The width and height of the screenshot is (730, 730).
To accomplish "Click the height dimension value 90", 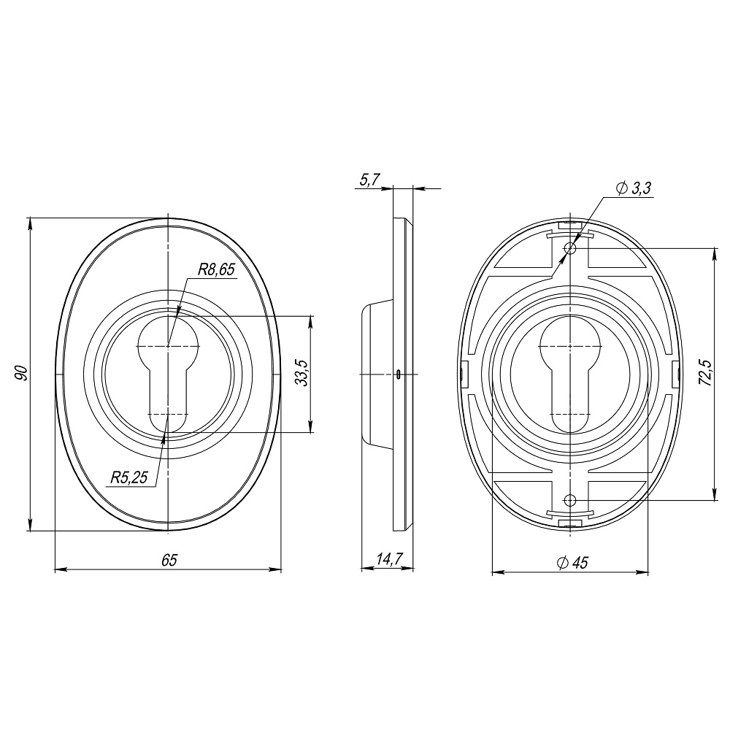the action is click(x=21, y=373).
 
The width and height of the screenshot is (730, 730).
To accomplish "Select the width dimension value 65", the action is click(x=169, y=560).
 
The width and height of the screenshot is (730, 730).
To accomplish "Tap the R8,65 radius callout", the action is click(x=216, y=269).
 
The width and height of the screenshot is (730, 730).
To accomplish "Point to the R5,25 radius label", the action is click(x=129, y=477).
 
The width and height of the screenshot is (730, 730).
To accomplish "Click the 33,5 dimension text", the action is click(x=302, y=372).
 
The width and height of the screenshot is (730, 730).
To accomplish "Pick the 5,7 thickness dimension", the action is click(x=370, y=180).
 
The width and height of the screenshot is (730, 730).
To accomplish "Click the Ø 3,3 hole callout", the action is click(x=634, y=188).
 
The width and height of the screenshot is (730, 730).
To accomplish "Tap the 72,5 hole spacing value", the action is click(x=705, y=372).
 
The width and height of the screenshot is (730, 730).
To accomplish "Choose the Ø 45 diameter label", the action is click(x=572, y=562).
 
